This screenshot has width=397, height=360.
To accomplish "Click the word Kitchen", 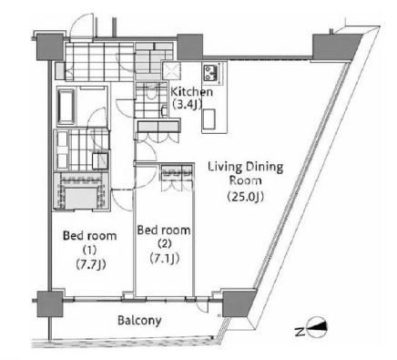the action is [192, 92].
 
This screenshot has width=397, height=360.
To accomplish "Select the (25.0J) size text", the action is [246, 197].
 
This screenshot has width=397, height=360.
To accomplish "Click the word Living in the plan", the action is [225, 168].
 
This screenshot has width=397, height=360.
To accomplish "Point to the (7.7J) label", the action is [91, 264].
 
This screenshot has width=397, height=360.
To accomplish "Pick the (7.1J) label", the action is [165, 259].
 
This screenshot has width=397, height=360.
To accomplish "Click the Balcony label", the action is [139, 321].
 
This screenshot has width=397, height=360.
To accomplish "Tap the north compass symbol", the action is [317, 327].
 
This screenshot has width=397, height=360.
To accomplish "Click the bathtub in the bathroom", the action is [66, 106].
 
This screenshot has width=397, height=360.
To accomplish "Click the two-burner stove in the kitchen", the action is [209, 73].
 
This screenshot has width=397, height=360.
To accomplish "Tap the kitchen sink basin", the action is [209, 119].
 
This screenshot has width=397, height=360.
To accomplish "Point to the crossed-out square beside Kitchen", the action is [172, 71].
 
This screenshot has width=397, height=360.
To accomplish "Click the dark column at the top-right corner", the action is [336, 47].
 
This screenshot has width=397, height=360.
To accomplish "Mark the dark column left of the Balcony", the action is [50, 304].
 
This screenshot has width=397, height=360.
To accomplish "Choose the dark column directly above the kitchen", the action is [189, 46].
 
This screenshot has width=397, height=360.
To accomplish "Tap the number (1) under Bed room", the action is [90, 250].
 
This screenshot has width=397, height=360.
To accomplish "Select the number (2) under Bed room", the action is [165, 244].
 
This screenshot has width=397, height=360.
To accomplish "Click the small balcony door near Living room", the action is [202, 305].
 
